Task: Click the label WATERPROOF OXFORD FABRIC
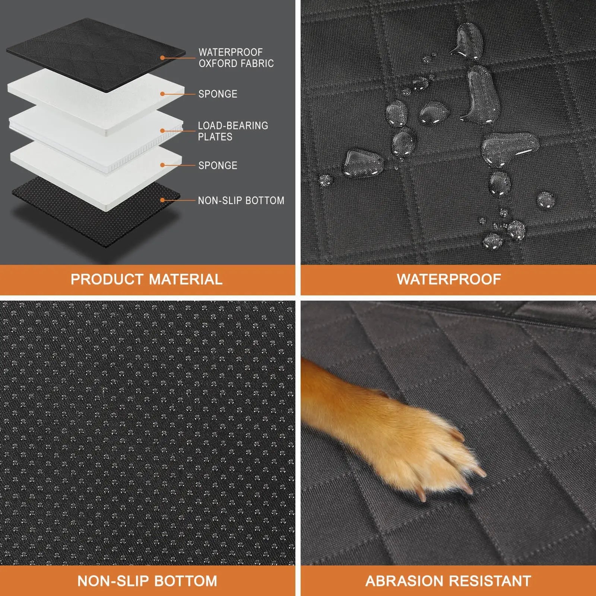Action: [x=236, y=58]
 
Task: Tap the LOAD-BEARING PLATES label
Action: [x=233, y=131]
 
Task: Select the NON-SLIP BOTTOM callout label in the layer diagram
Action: [x=241, y=201]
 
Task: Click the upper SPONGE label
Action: [x=218, y=94]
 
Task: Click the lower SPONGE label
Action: [x=218, y=165]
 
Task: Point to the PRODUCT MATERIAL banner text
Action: [x=147, y=279]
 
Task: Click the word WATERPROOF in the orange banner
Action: [x=449, y=279]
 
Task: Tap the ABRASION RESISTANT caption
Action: [x=448, y=581]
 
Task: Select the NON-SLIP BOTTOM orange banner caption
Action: [x=147, y=581]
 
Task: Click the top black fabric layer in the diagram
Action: [x=96, y=55]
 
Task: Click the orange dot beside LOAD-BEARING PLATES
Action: [x=162, y=131]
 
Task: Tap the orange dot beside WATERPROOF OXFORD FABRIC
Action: [x=162, y=58]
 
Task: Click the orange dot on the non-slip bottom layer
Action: [x=162, y=200]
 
